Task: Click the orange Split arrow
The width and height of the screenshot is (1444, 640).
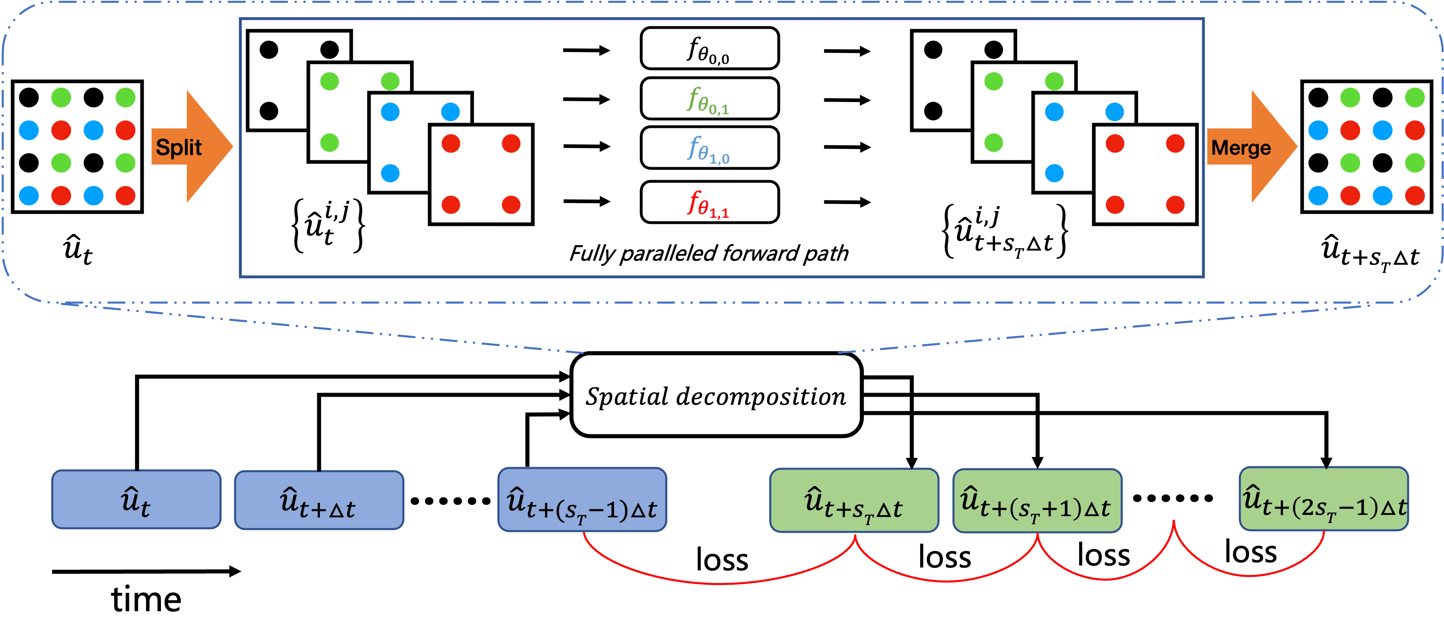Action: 193,147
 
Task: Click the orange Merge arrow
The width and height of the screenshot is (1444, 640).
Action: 1253,147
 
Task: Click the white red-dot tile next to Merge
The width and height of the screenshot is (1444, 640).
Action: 1145,174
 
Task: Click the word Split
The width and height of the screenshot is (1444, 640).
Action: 179,147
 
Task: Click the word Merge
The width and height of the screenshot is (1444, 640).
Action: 1241,148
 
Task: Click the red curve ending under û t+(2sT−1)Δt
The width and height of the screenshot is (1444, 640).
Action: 1250,575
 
